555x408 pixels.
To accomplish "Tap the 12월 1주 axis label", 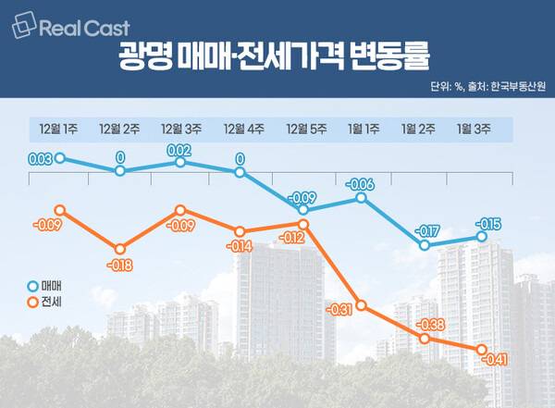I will click(x=58, y=128).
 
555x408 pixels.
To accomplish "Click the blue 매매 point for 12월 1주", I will click(x=60, y=158).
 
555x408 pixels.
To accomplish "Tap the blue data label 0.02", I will click(x=179, y=149).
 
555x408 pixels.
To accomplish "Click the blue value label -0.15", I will click(x=487, y=223).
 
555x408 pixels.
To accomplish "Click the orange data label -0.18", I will click(x=120, y=266).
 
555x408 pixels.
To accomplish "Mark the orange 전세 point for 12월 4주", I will click(x=240, y=231).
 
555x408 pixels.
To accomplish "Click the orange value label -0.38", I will click(x=430, y=325).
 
